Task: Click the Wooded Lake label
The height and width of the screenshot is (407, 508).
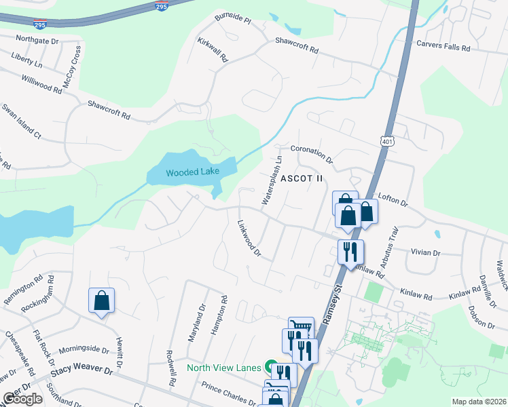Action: click(x=193, y=172)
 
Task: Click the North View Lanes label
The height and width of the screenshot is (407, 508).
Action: click(x=224, y=368)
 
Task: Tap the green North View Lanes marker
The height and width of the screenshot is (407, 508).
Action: click(x=271, y=367)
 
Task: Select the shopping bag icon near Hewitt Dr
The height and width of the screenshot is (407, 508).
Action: click(x=101, y=301)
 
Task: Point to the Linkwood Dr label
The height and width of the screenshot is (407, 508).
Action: click(x=249, y=238)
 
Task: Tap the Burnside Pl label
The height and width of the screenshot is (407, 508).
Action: click(x=232, y=20)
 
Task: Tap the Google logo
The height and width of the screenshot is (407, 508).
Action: click(x=22, y=399)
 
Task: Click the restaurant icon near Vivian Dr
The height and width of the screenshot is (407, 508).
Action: click(x=350, y=252)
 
